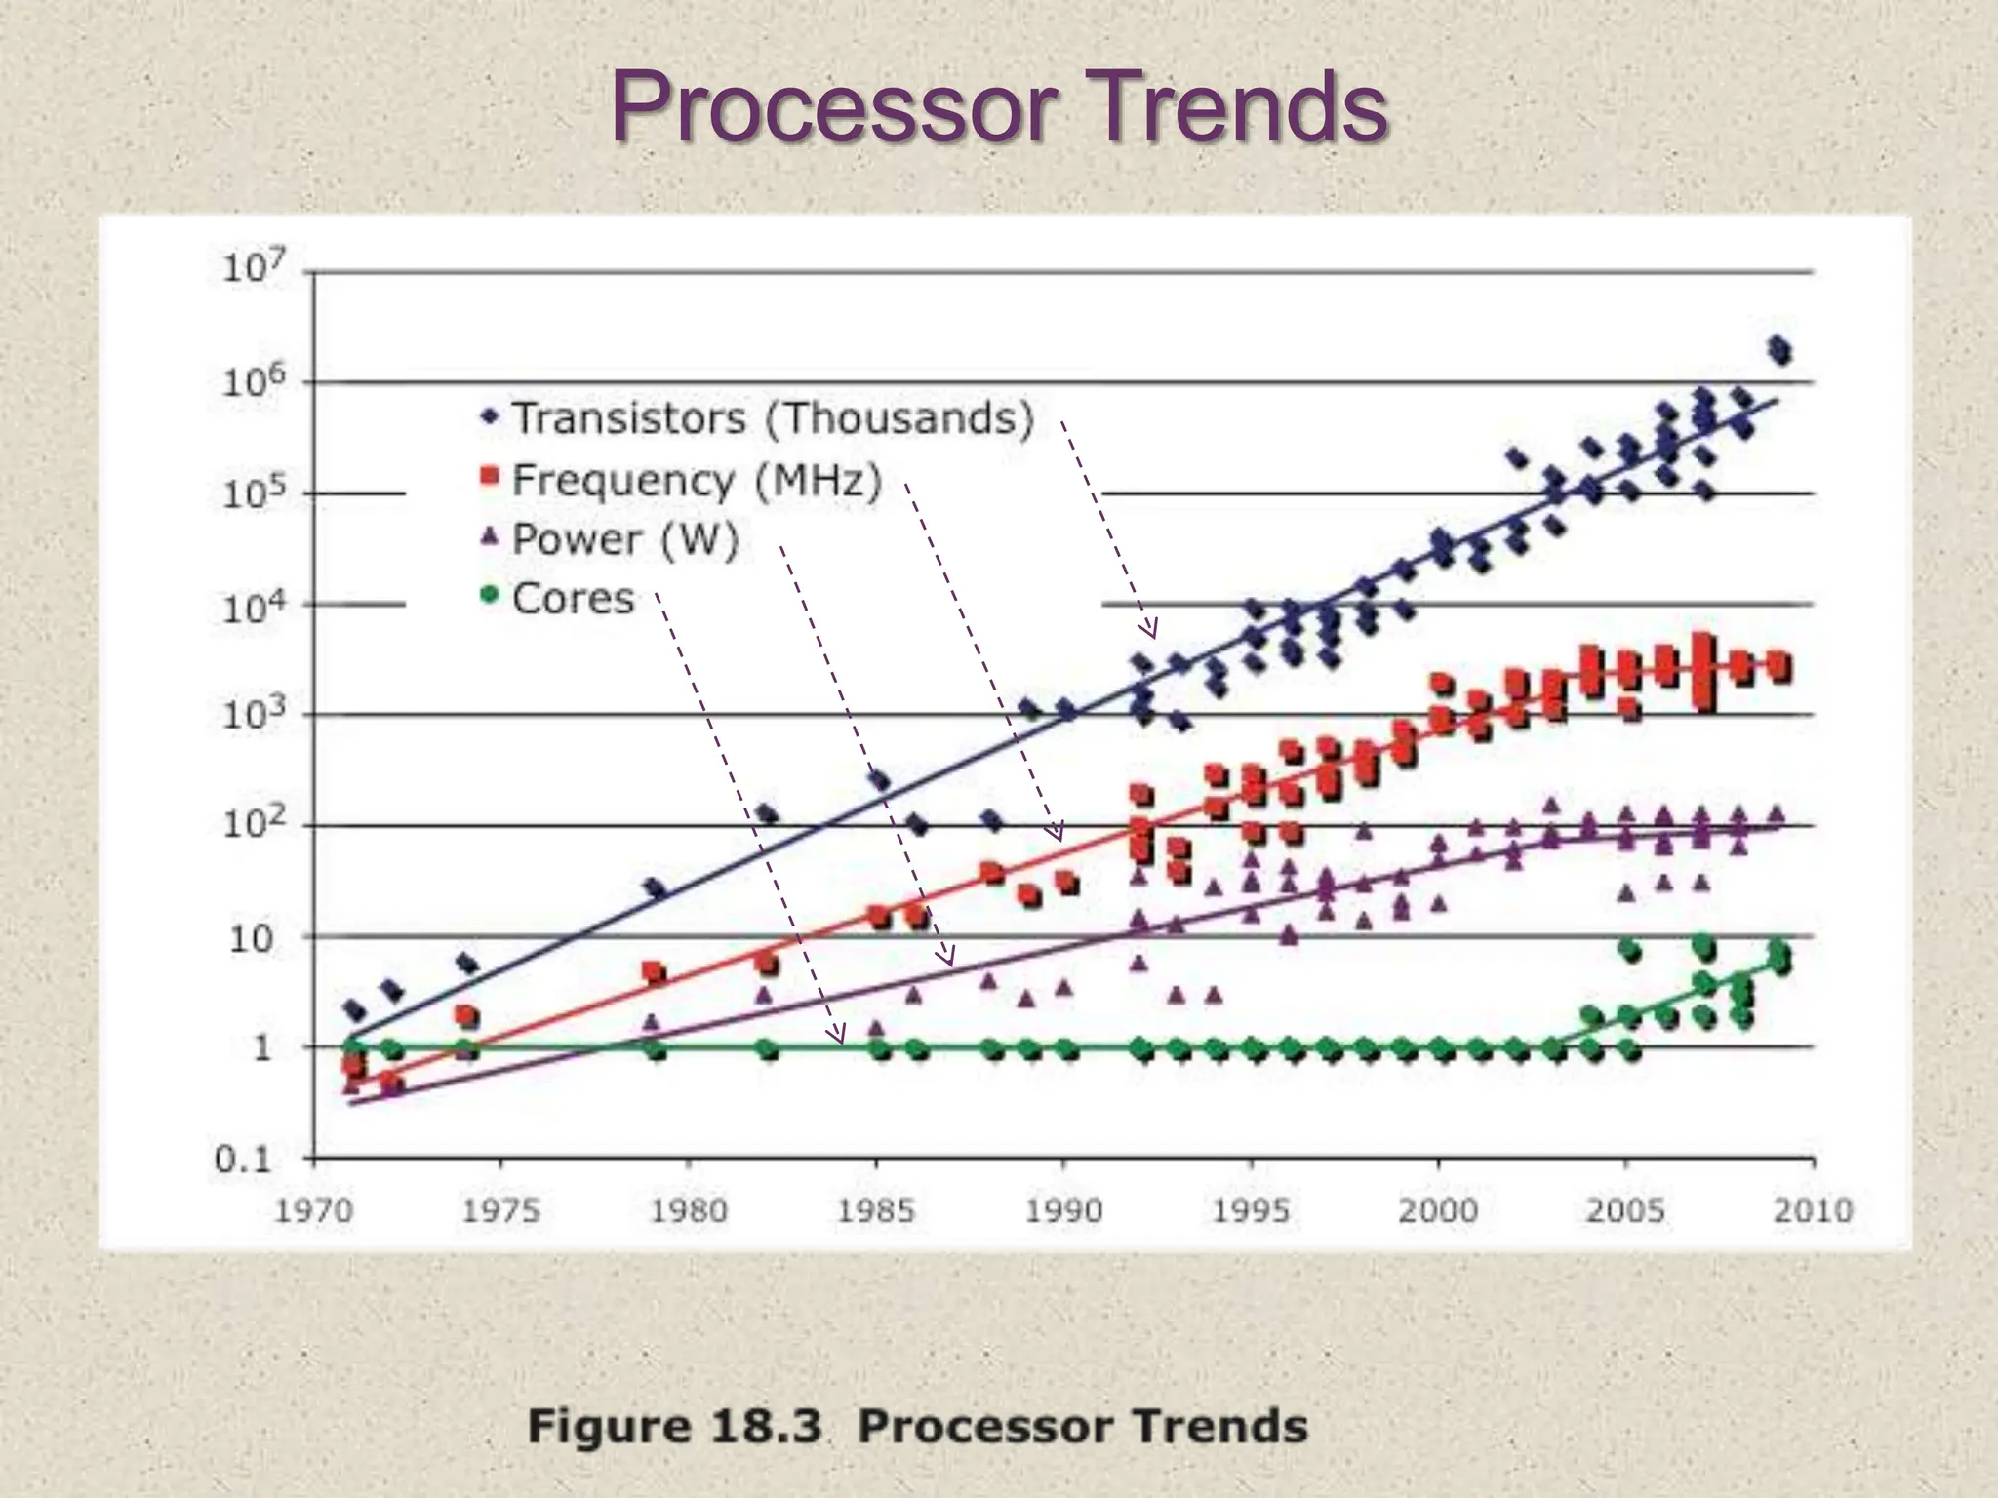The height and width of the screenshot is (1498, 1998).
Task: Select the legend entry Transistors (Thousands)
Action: pyautogui.click(x=772, y=418)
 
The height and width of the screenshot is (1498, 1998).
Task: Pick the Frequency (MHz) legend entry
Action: pyautogui.click(x=697, y=480)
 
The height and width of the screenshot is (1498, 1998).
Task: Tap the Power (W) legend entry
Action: pyautogui.click(x=625, y=539)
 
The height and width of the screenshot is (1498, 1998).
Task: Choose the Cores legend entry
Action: pyautogui.click(x=573, y=598)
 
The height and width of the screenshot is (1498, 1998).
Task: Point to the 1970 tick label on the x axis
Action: pyautogui.click(x=313, y=1210)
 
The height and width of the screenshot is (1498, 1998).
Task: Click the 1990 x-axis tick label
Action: pyautogui.click(x=1063, y=1210)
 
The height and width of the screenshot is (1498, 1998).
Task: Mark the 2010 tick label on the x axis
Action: pyautogui.click(x=1812, y=1210)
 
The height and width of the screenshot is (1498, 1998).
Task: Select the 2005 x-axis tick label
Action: pyautogui.click(x=1624, y=1210)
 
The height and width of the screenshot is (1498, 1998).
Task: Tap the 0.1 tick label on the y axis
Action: pyautogui.click(x=242, y=1160)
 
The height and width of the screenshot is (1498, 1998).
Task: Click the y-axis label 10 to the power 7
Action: pyautogui.click(x=254, y=266)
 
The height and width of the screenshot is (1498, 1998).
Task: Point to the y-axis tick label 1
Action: pyautogui.click(x=261, y=1048)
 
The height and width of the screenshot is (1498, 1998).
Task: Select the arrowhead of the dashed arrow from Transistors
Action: pyautogui.click(x=1151, y=629)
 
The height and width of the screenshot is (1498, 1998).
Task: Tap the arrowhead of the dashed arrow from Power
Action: pyautogui.click(x=947, y=959)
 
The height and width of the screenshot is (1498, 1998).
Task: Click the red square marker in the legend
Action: pyautogui.click(x=490, y=476)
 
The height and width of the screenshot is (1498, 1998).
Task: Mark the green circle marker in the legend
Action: pyautogui.click(x=490, y=594)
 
